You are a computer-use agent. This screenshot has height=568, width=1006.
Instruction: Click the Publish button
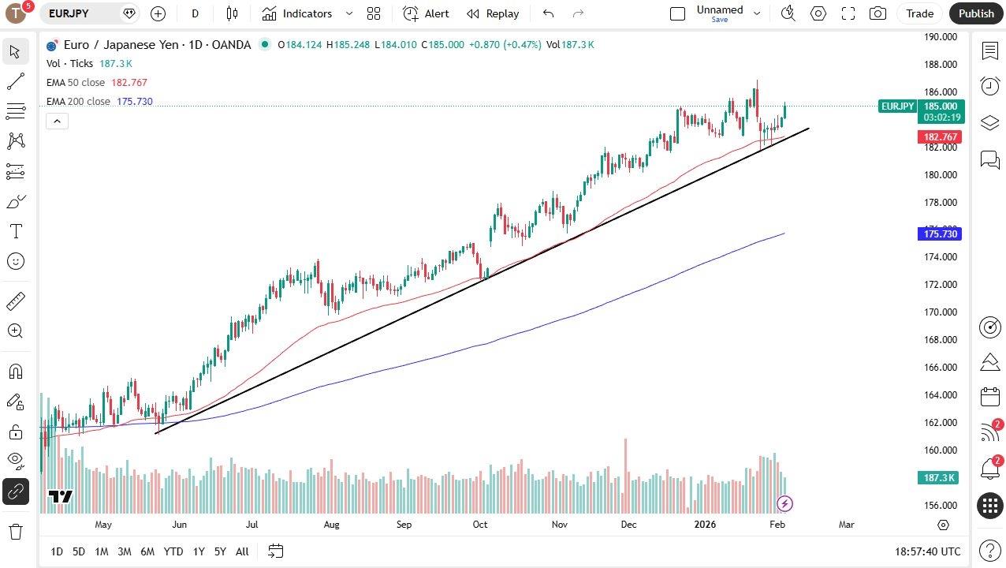(x=976, y=13)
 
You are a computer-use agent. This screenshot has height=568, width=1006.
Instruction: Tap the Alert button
(x=426, y=13)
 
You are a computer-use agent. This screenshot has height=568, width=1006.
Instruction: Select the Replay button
(x=493, y=13)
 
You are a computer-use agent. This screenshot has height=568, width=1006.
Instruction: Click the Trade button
(x=919, y=13)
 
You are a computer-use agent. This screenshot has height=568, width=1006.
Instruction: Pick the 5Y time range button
(x=220, y=551)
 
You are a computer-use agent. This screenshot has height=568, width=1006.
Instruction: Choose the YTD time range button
(x=173, y=551)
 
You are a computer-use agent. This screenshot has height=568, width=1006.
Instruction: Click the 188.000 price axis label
(x=940, y=65)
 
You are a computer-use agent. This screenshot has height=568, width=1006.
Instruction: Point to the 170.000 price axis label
(x=940, y=312)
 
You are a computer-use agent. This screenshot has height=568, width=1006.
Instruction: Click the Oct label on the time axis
(x=480, y=525)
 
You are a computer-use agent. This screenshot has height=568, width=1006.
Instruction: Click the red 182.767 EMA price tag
(x=941, y=137)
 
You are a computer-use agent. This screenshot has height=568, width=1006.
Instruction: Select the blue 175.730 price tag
(x=941, y=234)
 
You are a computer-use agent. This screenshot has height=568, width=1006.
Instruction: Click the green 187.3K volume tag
(x=941, y=478)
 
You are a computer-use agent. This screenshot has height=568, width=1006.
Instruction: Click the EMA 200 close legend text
(x=78, y=102)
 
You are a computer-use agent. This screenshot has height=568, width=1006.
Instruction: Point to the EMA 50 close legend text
(x=76, y=83)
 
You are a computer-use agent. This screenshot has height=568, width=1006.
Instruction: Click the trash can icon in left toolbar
(x=16, y=531)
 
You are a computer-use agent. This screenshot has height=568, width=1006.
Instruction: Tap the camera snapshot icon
(x=877, y=13)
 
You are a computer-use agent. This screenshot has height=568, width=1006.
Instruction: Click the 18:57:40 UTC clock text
(x=928, y=551)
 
